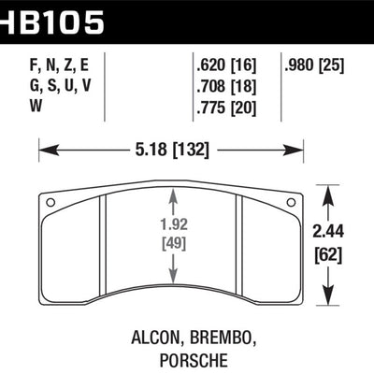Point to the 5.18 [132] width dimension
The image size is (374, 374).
click(171, 148)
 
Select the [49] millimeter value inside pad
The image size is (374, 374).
click(171, 245)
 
